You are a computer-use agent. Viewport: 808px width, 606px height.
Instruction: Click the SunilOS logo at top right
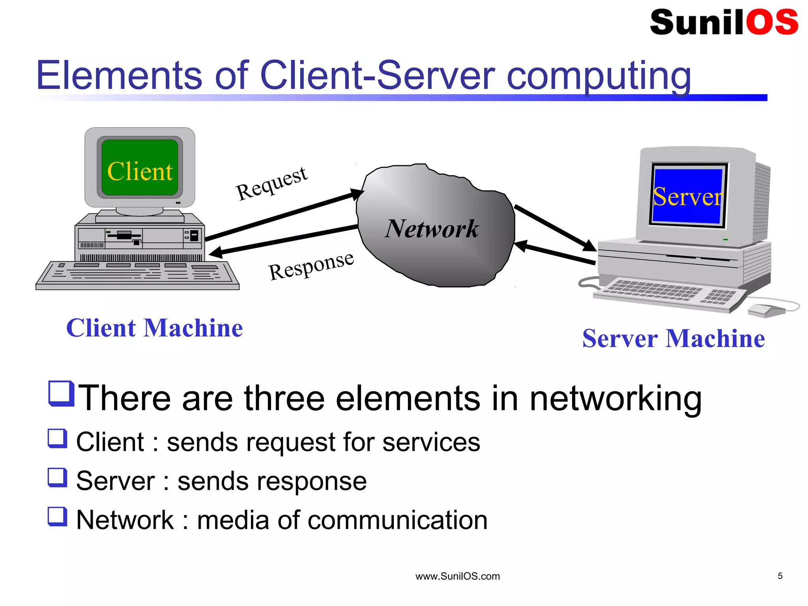[724, 22]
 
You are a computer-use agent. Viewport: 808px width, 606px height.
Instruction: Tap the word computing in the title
[599, 76]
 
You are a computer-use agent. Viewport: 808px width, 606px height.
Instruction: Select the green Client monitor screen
[140, 168]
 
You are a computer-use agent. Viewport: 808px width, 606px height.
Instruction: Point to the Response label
[311, 266]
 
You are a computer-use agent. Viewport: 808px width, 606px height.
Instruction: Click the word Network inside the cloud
[432, 229]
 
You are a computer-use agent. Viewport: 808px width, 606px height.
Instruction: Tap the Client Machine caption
[154, 328]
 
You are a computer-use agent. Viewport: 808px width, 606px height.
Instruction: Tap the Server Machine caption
[673, 339]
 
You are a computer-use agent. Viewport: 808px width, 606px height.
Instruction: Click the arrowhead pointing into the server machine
[590, 246]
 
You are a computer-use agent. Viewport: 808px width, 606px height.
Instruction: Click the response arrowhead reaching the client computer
[215, 252]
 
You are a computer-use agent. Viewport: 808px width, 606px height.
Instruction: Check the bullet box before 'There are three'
[61, 393]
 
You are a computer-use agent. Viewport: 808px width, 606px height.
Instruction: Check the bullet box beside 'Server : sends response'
[57, 477]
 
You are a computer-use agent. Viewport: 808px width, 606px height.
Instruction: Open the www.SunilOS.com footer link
[457, 576]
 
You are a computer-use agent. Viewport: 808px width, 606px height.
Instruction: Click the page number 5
[780, 576]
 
